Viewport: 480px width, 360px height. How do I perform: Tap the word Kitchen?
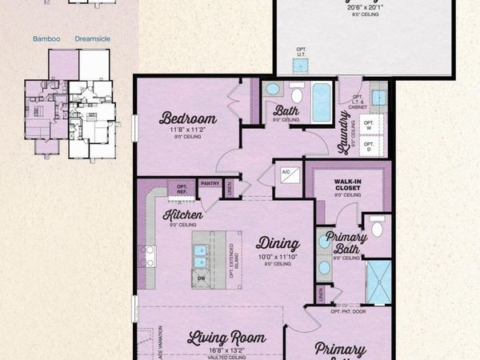(x=182, y=214)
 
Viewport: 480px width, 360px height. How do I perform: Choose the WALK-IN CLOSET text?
(x=350, y=186)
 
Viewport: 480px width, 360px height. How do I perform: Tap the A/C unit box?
(x=286, y=173)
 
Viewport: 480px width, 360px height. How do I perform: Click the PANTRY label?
(x=210, y=183)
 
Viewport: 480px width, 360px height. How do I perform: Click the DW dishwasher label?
(x=200, y=278)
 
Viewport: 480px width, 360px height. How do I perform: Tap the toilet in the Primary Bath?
(x=378, y=228)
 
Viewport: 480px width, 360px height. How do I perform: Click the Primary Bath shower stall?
(x=379, y=282)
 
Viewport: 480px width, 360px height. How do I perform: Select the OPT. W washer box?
(x=370, y=125)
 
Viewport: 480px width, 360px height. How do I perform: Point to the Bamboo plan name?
(x=46, y=38)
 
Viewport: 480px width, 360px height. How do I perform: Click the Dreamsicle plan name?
(x=93, y=38)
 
